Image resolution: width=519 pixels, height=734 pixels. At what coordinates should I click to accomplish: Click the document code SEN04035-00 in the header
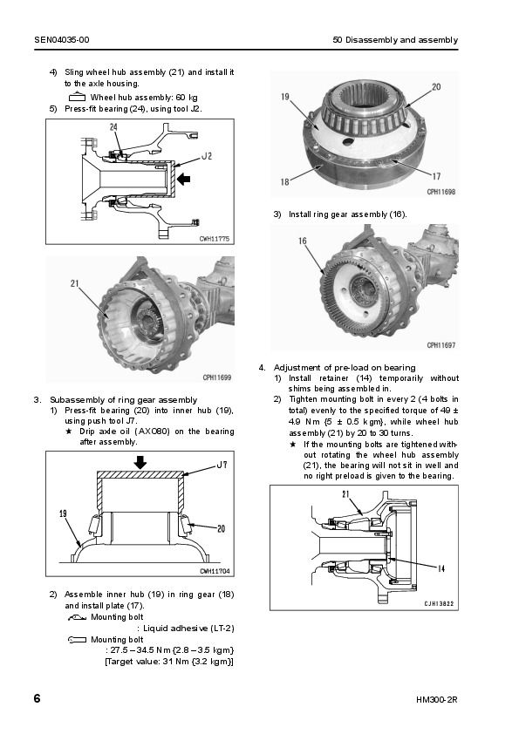click(62, 40)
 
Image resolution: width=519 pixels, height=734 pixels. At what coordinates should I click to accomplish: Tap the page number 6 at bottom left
click(37, 698)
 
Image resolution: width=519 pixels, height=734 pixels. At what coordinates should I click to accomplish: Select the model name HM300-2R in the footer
click(436, 700)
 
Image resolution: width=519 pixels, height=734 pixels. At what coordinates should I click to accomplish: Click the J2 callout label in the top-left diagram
click(207, 155)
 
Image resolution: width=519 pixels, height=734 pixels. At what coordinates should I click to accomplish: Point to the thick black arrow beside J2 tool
click(184, 179)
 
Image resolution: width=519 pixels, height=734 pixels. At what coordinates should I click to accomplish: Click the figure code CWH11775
click(215, 239)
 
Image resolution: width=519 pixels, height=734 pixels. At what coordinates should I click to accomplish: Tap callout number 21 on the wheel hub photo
click(75, 283)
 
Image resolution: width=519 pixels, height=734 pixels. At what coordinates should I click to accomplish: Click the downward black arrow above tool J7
click(140, 463)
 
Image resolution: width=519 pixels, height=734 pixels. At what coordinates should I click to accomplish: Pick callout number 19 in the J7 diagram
click(63, 513)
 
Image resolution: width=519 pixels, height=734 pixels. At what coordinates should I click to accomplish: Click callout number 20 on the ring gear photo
click(436, 86)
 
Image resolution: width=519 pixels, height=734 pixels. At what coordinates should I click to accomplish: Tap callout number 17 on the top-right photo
click(436, 176)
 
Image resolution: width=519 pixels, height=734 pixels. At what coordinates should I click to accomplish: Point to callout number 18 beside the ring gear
click(284, 181)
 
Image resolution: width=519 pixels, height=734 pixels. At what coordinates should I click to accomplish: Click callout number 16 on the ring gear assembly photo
click(303, 241)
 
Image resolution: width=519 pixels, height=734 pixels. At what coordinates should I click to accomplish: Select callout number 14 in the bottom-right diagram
click(440, 568)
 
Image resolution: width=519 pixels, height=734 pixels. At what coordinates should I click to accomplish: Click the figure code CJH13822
click(439, 603)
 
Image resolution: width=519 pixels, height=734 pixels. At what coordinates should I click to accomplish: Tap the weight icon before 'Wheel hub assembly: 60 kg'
click(77, 98)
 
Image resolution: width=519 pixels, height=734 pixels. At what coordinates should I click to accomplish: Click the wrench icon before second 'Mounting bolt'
click(77, 640)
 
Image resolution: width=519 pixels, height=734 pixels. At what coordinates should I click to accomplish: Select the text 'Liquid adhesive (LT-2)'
click(188, 629)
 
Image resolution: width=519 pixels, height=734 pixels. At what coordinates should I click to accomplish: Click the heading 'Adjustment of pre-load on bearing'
click(345, 368)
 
